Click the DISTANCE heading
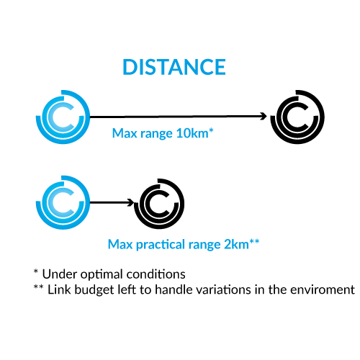click(x=174, y=67)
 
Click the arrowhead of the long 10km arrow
click(x=264, y=117)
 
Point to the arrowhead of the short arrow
click(x=131, y=202)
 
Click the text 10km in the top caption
click(x=192, y=133)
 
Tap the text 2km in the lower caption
click(x=236, y=245)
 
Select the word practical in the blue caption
click(x=161, y=245)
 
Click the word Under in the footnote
click(x=60, y=274)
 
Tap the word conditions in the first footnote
click(x=156, y=274)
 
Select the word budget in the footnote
click(x=94, y=290)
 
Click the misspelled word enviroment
click(x=323, y=290)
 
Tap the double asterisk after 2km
click(x=254, y=241)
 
